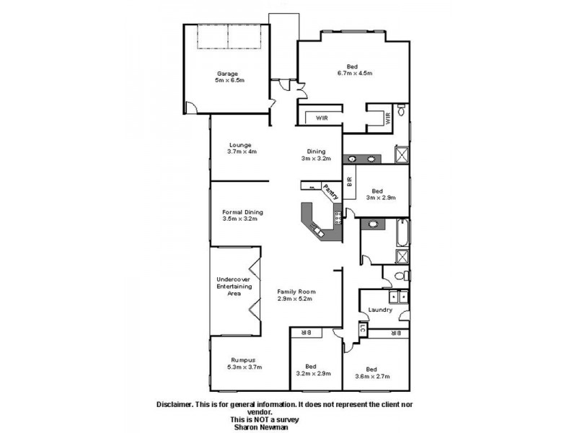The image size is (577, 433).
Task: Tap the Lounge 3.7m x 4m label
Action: click(242, 148)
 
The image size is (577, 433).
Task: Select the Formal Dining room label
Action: click(242, 215)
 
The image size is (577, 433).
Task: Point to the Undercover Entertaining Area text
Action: click(234, 287)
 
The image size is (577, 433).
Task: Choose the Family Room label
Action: click(297, 295)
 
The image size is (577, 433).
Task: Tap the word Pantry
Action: click(331, 191)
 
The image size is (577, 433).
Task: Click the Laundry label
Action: click(379, 310)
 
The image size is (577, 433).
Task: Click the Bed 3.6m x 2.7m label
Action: click(373, 372)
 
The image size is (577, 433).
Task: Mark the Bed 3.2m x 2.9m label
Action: click(313, 369)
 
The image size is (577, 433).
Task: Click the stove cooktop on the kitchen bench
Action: click(337, 215)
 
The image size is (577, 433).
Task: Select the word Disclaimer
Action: click(176, 405)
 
